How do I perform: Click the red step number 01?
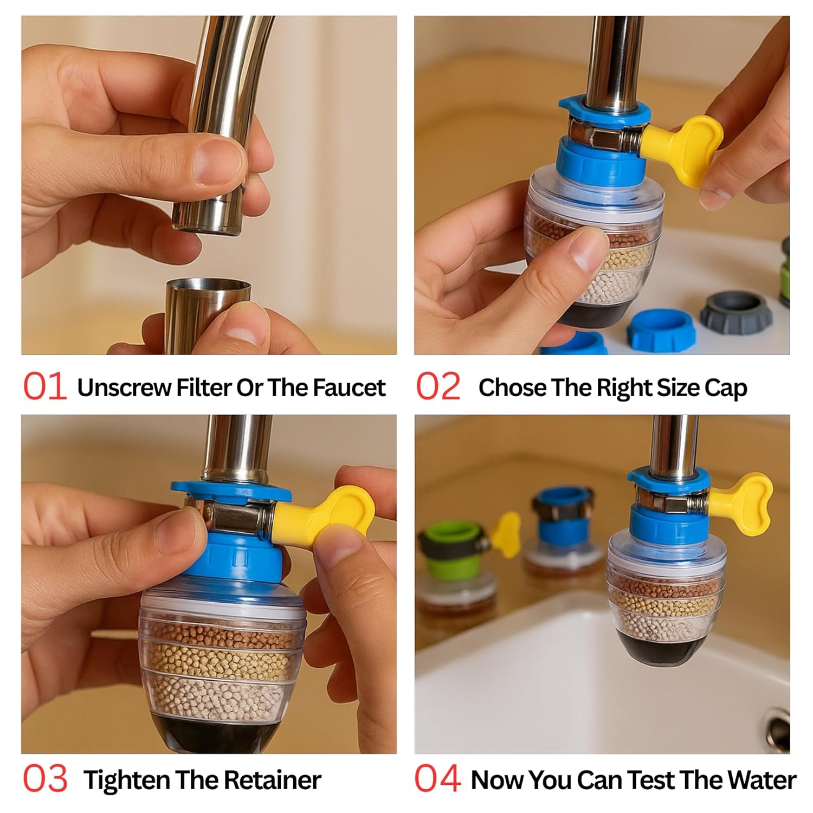pyautogui.click(x=45, y=387)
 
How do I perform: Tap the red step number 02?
pyautogui.click(x=438, y=387)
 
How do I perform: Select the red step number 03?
pyautogui.click(x=45, y=779)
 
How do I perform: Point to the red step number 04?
pyautogui.click(x=438, y=779)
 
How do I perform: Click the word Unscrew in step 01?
pyautogui.click(x=123, y=388)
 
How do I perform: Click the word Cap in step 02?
pyautogui.click(x=726, y=388)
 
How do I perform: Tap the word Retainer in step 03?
pyautogui.click(x=272, y=780)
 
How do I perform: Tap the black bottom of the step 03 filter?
pyautogui.click(x=217, y=734)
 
